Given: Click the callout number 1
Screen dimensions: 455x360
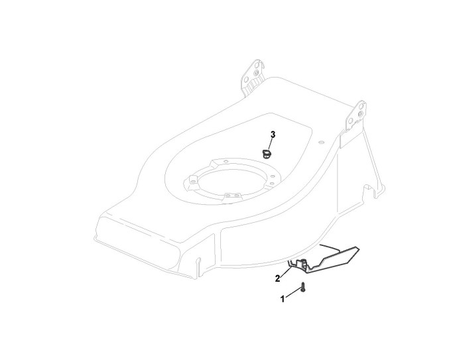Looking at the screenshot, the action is (x=282, y=299).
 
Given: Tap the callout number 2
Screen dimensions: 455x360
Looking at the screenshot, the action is (x=277, y=278).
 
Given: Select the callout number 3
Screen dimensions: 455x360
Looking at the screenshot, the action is (x=273, y=135).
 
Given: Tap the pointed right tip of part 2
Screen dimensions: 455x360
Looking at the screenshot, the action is (x=358, y=249).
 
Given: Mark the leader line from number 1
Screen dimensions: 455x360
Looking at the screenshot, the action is (x=292, y=294).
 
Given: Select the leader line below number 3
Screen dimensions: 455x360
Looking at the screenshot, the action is (x=271, y=144).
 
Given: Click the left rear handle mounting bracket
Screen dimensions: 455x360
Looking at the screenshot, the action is (x=253, y=77).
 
